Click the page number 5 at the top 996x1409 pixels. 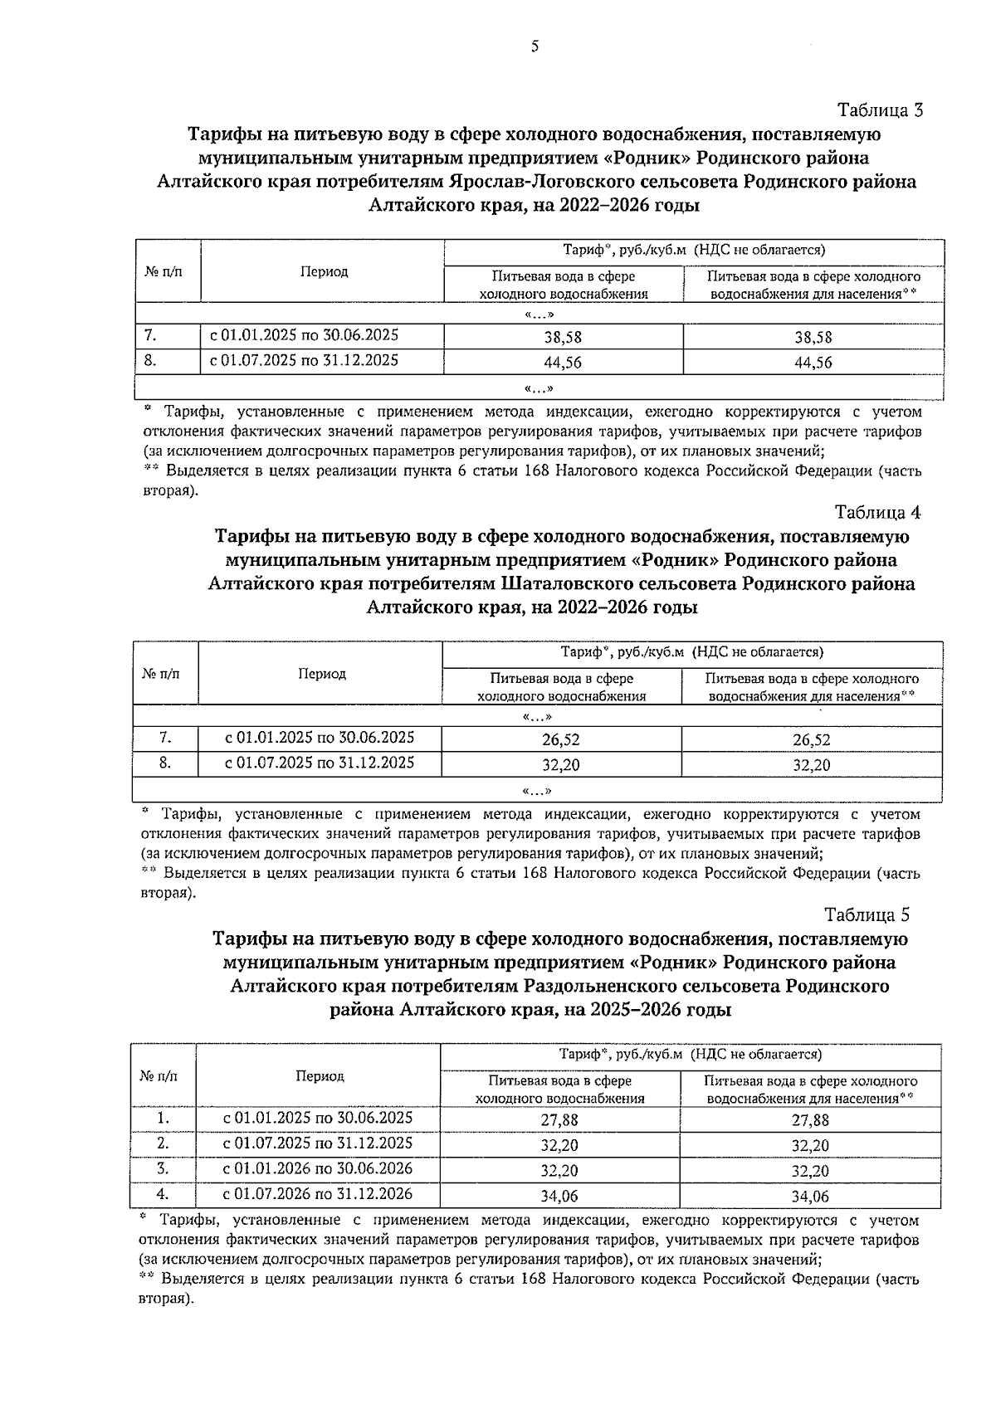click(535, 46)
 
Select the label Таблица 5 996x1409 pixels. click(867, 914)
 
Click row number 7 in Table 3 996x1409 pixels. click(150, 336)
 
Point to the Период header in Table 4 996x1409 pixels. click(322, 674)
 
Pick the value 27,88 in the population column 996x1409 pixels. click(810, 1119)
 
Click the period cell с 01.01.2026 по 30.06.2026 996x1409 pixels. click(318, 1169)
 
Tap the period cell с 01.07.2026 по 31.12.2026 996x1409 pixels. click(318, 1195)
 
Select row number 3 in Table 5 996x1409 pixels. click(164, 1169)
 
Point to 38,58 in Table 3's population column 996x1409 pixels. click(813, 338)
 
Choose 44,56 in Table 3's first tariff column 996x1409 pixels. click(563, 363)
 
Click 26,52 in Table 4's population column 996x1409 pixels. click(811, 740)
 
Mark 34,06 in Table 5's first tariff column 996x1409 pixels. click(559, 1197)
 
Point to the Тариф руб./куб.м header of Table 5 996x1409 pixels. click(691, 1055)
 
